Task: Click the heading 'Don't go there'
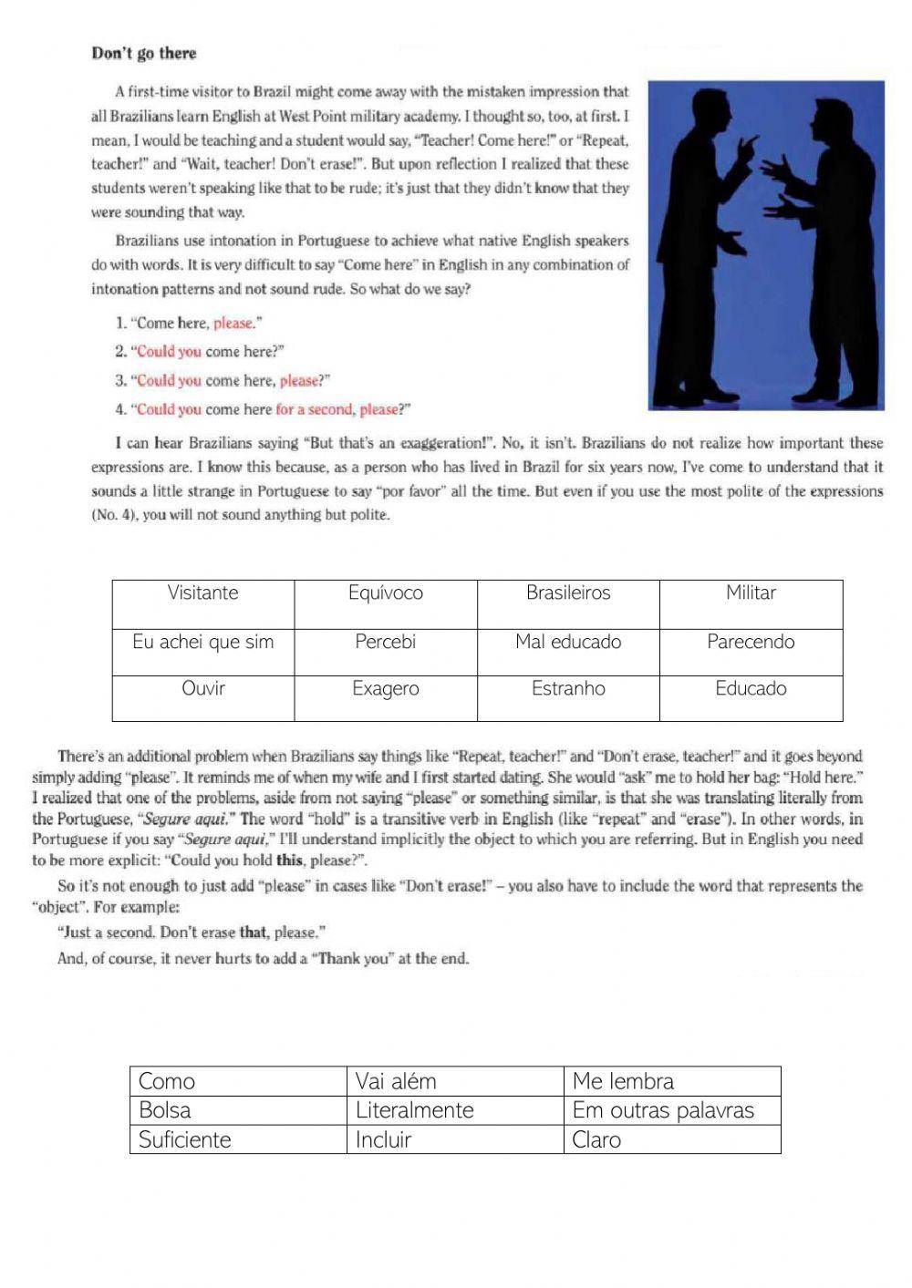pos(143,53)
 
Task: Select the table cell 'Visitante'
pos(203,603)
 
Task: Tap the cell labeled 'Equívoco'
pos(386,603)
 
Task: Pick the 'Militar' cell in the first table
pos(751,603)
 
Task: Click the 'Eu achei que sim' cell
pos(203,651)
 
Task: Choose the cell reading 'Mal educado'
pos(568,651)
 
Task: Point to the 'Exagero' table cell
pos(386,697)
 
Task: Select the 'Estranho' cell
pos(568,697)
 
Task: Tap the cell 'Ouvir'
pos(203,697)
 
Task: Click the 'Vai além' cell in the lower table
pos(454,1081)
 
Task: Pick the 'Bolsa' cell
pos(237,1110)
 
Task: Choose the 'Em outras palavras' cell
pos(671,1110)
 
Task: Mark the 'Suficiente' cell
pos(237,1139)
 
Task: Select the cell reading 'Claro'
pos(671,1139)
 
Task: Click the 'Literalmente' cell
pos(454,1110)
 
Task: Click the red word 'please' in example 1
pos(233,323)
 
